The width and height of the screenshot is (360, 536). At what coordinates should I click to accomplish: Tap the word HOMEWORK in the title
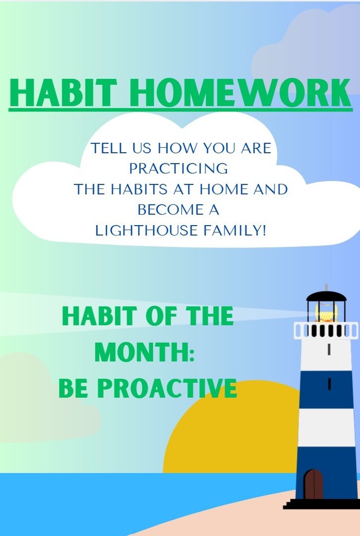point(240,93)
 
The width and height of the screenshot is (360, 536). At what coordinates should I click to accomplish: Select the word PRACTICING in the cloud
point(178,169)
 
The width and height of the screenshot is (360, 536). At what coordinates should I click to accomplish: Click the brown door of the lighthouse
point(313,484)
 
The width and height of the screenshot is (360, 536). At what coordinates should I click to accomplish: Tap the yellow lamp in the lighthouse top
point(326,315)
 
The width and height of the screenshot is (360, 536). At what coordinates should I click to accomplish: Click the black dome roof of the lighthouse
point(326,297)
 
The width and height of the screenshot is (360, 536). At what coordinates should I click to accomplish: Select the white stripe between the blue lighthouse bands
point(327,427)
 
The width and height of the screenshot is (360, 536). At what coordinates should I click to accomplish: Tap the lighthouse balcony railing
point(325,330)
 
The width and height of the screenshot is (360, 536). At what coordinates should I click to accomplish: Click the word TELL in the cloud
point(108,148)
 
